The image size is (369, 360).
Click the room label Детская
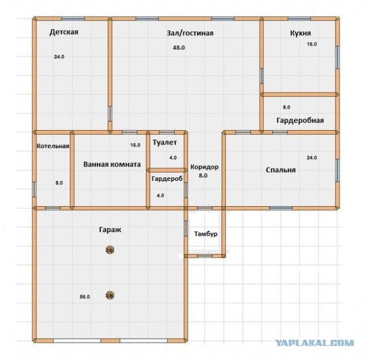pos(64,32)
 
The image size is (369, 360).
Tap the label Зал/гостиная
pos(190,33)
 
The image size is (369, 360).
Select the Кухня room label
pos(300,33)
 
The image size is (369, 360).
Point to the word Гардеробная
pos(300,120)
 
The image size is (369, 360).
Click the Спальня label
pos(281,170)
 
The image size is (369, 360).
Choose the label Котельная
pos(53,146)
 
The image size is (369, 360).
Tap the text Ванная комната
pos(112,164)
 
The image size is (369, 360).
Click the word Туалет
pos(165,142)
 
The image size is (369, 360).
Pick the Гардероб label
pos(167,179)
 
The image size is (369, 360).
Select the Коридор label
pos(204,167)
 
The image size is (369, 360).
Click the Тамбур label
pos(206,234)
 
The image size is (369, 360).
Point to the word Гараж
pos(110,230)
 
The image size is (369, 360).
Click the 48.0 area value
pos(179,48)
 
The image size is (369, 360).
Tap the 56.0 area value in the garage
pos(85,297)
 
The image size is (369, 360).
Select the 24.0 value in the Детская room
pos(59,56)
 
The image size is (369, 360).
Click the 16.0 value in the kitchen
pos(312,44)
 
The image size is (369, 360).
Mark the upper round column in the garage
pos(110,250)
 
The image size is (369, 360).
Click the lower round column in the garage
pos(110,295)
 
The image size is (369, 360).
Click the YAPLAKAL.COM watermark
pos(314,343)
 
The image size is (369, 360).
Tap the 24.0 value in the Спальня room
pos(311,158)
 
